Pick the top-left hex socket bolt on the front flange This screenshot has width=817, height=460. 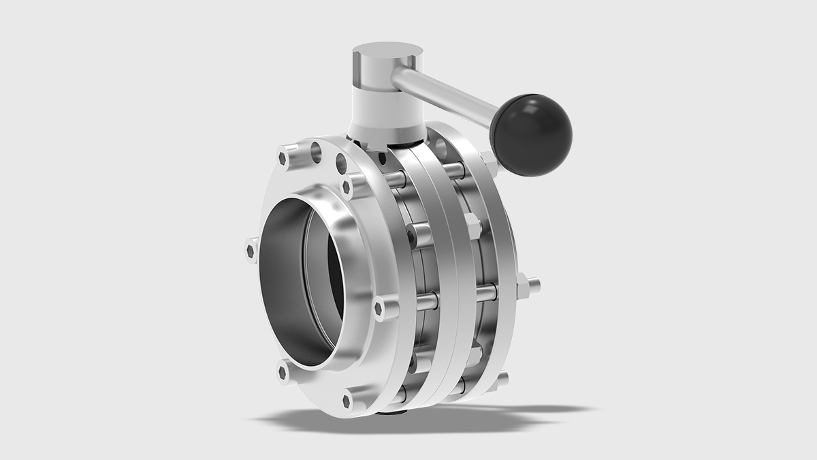286,157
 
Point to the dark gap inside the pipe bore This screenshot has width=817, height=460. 334,273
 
